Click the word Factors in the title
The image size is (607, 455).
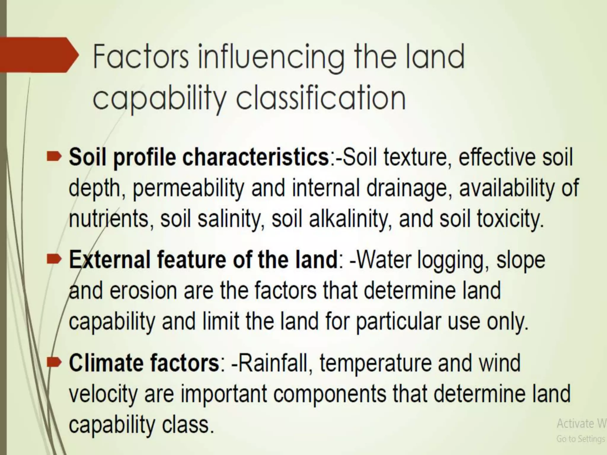140,57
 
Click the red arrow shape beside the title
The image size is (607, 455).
39,55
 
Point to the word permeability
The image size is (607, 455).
188,188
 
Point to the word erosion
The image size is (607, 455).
143,291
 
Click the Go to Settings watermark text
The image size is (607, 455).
580,439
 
